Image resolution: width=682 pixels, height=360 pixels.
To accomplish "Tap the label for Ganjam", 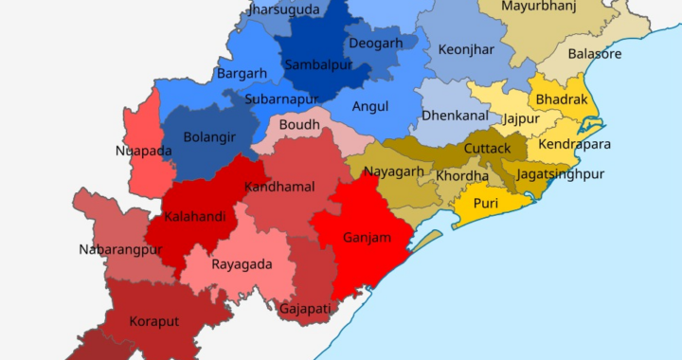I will tap(368, 238).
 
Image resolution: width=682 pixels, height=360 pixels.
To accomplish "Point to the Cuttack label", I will tap(488, 149).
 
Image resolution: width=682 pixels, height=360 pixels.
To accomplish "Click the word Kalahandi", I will tap(195, 217).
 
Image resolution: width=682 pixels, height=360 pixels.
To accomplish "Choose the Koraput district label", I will tap(154, 321).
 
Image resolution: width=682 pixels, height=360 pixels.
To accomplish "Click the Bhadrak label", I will tap(562, 99).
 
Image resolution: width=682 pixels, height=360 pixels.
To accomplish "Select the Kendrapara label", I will tap(574, 145).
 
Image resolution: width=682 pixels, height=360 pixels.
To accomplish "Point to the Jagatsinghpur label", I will tap(561, 175).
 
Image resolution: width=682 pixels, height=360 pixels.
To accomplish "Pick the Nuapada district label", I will tap(144, 151).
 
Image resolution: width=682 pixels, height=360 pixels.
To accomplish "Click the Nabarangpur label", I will tap(121, 250).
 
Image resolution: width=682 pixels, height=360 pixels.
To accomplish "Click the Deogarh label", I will tap(375, 43).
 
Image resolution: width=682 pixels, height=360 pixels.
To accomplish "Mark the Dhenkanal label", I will tap(455, 115).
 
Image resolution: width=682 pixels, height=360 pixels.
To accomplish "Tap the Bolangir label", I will tap(209, 137).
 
